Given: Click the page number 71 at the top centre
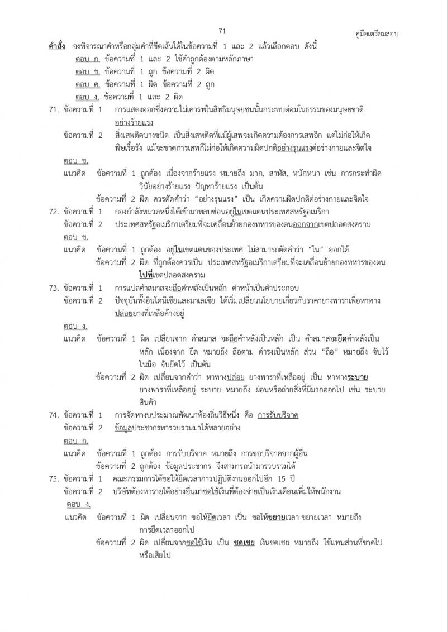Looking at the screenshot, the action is click(222, 31).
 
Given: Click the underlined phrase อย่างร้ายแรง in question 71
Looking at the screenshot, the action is click(134, 122).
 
